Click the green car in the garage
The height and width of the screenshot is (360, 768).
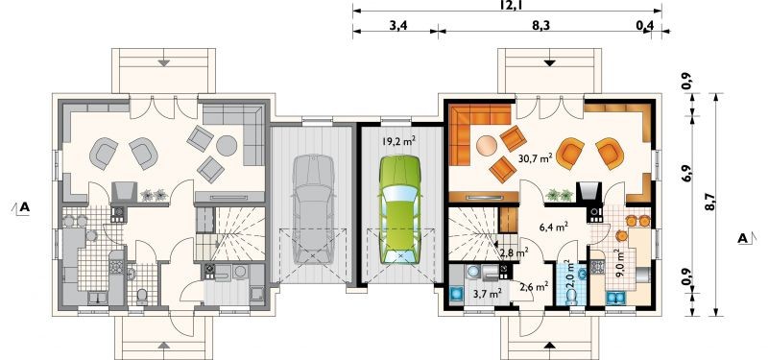click(x=399, y=210)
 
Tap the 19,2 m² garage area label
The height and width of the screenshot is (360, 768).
click(x=399, y=142)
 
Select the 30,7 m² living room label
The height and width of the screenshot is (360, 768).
click(x=535, y=157)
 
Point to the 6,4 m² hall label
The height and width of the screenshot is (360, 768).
click(x=554, y=227)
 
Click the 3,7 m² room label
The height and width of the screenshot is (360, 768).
click(x=486, y=294)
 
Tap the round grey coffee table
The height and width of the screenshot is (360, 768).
click(x=227, y=145)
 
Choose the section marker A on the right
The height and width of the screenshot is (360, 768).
click(x=745, y=238)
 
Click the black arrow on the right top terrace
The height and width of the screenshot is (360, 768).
click(x=549, y=62)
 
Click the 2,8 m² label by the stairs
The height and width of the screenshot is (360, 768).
click(x=514, y=252)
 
